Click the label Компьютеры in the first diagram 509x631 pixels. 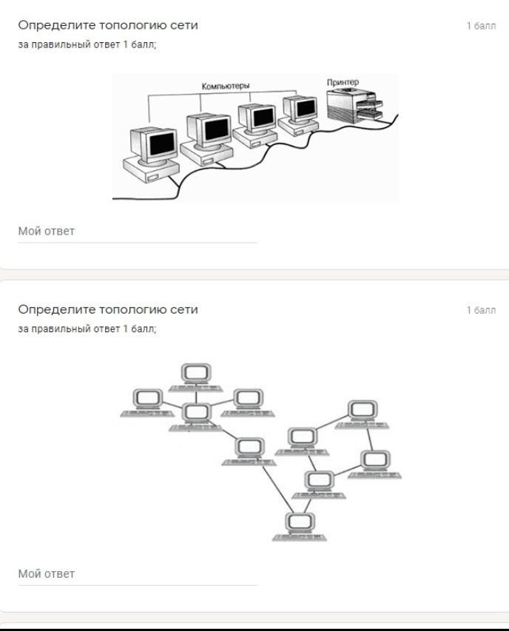point(226,86)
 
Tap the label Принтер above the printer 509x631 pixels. point(343,82)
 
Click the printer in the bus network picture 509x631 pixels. point(354,107)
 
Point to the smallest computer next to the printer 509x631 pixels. point(300,115)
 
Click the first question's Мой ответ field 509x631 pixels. point(138,232)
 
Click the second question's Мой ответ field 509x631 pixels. point(138,574)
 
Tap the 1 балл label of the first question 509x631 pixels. point(481,26)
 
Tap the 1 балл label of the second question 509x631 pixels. point(481,310)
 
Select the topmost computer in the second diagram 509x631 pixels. point(196,377)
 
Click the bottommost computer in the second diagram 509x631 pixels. point(300,527)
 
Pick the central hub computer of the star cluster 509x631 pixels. point(196,416)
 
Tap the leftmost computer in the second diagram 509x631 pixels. point(148,402)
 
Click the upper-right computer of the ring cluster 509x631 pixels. point(363,414)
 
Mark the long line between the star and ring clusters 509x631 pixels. point(278,490)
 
